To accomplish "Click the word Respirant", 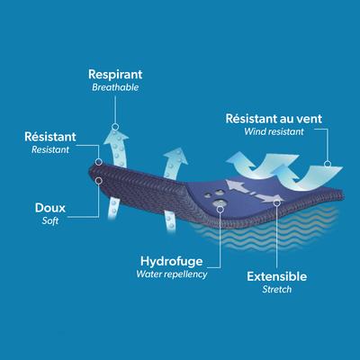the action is (x=115, y=75).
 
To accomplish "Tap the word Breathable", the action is (x=115, y=87).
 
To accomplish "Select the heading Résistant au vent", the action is (x=274, y=119).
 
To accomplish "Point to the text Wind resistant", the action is (x=274, y=131).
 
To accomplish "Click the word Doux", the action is (x=50, y=208).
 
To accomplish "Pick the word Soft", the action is (x=50, y=220).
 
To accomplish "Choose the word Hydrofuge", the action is (x=172, y=262).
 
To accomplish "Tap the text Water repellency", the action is (x=172, y=274).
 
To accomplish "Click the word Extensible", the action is (x=276, y=276).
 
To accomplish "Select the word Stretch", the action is (x=277, y=289).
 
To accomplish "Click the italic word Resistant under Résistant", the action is (x=50, y=149).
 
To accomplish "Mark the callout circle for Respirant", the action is (x=115, y=127).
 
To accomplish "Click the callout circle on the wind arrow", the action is (x=328, y=164).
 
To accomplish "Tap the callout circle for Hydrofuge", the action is (x=220, y=209).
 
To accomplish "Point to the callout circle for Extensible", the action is (x=277, y=203).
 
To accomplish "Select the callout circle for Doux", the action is (x=99, y=181).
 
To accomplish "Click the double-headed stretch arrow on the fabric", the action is (x=254, y=191).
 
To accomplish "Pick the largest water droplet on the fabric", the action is (x=219, y=202).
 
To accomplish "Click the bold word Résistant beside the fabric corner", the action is (x=50, y=137).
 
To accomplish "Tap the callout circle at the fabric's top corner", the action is (x=99, y=162).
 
